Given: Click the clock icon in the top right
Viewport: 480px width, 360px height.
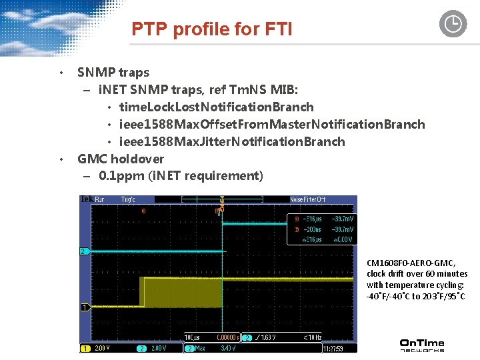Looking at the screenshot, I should click(x=453, y=24).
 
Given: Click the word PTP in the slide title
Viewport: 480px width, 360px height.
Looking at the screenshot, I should click(x=147, y=29).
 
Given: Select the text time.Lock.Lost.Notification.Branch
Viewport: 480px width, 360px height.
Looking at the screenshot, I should click(x=216, y=107).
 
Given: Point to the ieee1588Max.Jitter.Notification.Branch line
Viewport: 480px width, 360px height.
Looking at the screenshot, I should click(x=232, y=141).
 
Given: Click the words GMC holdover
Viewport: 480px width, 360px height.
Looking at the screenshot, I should click(x=121, y=159).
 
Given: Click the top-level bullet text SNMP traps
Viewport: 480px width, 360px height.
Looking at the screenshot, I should click(x=113, y=72).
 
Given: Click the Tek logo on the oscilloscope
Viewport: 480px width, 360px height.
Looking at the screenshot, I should click(x=86, y=199).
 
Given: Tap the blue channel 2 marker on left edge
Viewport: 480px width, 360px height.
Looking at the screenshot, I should click(x=83, y=251).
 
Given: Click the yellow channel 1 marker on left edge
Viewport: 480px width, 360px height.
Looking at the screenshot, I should click(x=84, y=307).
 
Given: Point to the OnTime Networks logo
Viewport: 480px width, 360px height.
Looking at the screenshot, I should click(x=421, y=345).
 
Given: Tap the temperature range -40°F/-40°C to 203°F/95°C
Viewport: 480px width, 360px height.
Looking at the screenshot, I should click(x=416, y=295).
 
